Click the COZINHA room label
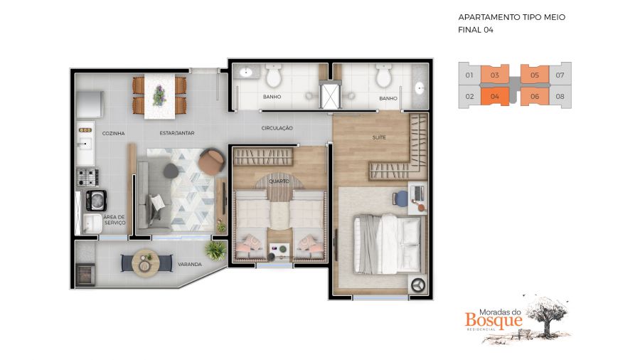[113, 134]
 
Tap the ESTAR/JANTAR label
[177, 133]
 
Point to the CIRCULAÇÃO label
[277, 128]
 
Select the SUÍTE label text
[379, 137]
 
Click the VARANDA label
[190, 265]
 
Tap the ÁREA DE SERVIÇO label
[114, 220]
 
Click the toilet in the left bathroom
[273, 76]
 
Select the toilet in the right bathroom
[384, 76]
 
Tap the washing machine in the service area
[96, 201]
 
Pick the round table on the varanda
[146, 263]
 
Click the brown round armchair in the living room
[211, 162]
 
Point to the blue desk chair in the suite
[401, 198]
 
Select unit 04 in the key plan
[495, 97]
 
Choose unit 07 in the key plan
[560, 75]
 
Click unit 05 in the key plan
[535, 75]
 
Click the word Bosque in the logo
[494, 320]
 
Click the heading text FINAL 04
[476, 30]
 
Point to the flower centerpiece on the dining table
[159, 95]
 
